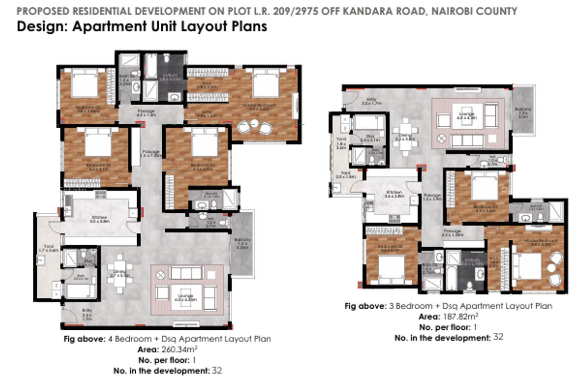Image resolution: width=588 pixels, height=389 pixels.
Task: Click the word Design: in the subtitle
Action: (x=42, y=26)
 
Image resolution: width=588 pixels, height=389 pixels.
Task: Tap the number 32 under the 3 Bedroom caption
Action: (x=498, y=337)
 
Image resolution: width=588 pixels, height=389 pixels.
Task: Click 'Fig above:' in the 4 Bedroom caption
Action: (x=84, y=339)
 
